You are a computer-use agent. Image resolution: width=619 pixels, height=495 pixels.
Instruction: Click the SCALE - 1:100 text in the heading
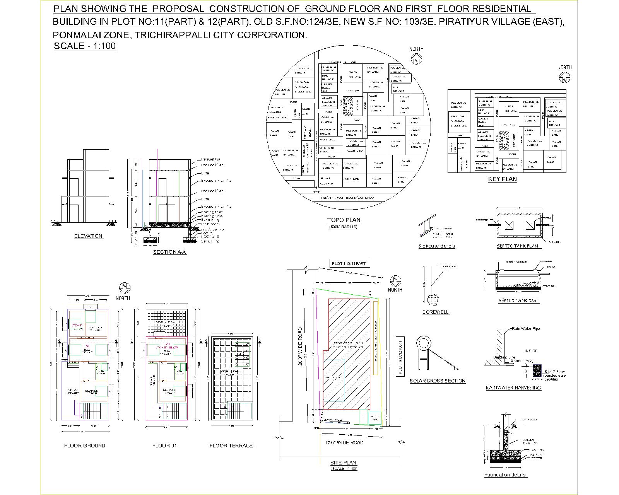tap(85, 46)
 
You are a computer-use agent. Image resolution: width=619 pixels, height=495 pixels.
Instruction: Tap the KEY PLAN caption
tap(502, 179)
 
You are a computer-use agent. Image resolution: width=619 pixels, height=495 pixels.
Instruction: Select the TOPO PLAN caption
tap(344, 220)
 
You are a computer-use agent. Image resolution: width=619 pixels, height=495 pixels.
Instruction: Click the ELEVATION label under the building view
tap(88, 236)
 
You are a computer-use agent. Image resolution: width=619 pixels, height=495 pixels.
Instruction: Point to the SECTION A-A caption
tap(169, 252)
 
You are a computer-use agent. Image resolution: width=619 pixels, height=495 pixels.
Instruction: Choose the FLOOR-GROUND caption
tap(85, 445)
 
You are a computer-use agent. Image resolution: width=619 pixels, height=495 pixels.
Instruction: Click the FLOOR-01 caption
tap(165, 445)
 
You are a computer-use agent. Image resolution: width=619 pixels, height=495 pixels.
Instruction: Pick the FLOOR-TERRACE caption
tap(231, 445)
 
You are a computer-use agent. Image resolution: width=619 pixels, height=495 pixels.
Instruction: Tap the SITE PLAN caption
tap(343, 463)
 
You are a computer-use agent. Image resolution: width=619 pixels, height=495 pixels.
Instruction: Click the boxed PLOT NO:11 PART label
tap(349, 263)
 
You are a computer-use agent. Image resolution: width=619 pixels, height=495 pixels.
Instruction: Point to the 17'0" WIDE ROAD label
tap(344, 442)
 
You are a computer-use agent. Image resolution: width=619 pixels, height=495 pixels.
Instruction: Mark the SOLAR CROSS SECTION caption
tap(438, 381)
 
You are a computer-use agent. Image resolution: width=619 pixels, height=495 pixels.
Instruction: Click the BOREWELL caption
tap(436, 312)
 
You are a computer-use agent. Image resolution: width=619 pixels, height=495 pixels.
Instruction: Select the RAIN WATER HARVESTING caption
tap(513, 387)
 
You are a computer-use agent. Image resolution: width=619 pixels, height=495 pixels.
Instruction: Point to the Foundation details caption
tap(505, 475)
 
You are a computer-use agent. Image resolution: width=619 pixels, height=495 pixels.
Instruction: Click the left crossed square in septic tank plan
tap(510, 225)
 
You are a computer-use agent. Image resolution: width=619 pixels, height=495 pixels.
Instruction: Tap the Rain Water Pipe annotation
tap(525, 329)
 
